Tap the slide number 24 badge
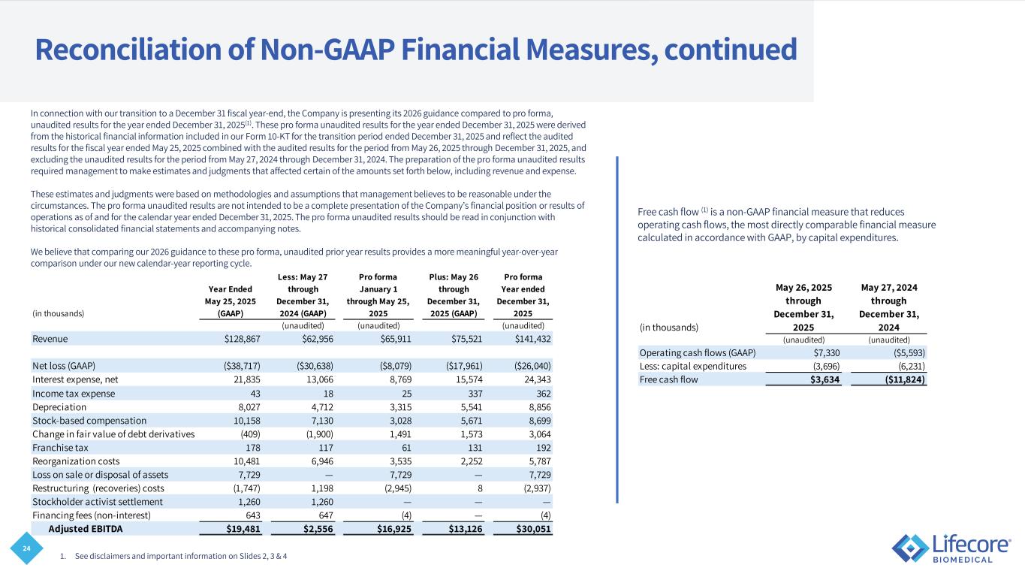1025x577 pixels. coord(27,548)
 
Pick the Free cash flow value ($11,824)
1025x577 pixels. coord(900,379)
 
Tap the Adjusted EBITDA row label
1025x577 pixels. coord(86,529)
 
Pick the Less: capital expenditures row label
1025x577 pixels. coord(692,366)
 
